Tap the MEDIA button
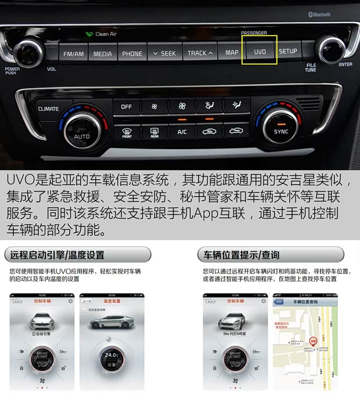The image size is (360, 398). tap(103, 53)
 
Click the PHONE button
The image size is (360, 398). tap(132, 53)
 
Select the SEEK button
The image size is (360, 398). tap(164, 53)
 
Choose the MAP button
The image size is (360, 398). tap(232, 52)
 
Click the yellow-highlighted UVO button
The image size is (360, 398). tap(260, 52)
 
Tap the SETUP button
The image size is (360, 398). tap(288, 52)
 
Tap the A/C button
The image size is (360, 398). tap(182, 132)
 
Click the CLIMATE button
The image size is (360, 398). tap(48, 108)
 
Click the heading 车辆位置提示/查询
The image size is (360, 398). tap(238, 255)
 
